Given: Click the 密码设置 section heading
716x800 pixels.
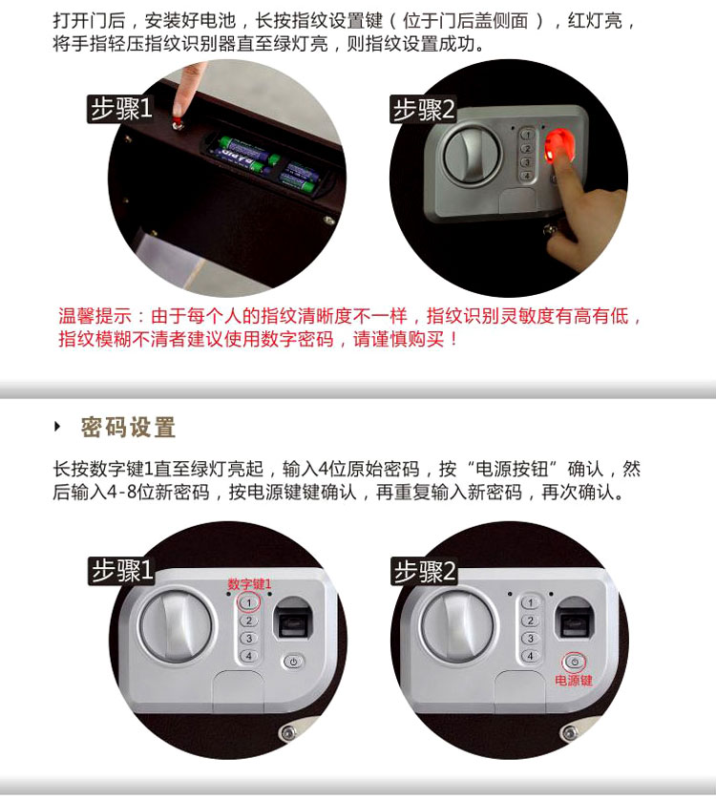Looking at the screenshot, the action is [128, 427].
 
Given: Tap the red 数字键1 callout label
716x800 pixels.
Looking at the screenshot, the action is [249, 584].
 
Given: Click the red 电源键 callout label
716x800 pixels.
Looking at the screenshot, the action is [574, 680].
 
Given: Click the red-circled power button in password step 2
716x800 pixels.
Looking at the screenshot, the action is [575, 663].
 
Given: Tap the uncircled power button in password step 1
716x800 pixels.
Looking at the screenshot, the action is [293, 662].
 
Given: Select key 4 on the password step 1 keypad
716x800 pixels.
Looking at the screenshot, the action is [248, 656].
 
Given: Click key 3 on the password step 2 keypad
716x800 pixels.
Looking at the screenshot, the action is [530, 639].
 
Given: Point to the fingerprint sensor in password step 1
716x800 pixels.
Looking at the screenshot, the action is [289, 618].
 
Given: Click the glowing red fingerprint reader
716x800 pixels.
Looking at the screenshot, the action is [559, 144].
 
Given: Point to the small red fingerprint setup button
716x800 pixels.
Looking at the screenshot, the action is [178, 123].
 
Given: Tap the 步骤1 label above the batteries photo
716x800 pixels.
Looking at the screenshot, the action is [121, 109].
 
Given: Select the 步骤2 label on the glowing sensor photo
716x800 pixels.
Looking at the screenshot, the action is [423, 110].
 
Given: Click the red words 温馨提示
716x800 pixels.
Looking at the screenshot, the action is [95, 316].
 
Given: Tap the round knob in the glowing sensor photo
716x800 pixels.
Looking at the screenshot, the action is [472, 153].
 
